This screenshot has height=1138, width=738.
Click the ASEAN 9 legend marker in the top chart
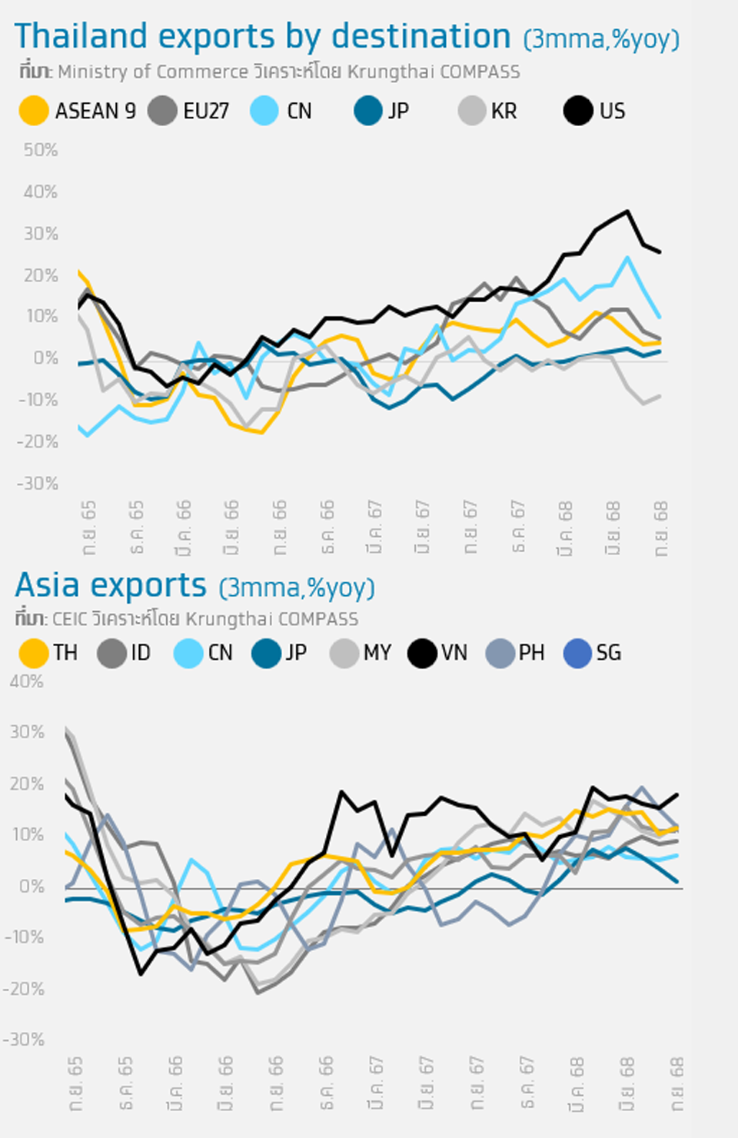[x=34, y=111]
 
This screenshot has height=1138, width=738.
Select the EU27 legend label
[x=205, y=111]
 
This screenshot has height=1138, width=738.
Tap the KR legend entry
[x=504, y=111]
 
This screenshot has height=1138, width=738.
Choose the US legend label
[x=612, y=111]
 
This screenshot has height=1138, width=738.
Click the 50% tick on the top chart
[x=41, y=150]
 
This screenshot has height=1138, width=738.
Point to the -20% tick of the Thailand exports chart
[x=38, y=441]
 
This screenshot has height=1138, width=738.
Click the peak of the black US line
[x=627, y=211]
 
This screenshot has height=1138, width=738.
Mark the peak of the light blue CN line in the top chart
[x=628, y=258]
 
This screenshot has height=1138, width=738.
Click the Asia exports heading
[x=111, y=585]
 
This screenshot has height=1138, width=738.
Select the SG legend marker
[x=577, y=653]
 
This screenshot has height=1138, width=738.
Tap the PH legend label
[x=531, y=653]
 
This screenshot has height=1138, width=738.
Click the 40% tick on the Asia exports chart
[x=26, y=681]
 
